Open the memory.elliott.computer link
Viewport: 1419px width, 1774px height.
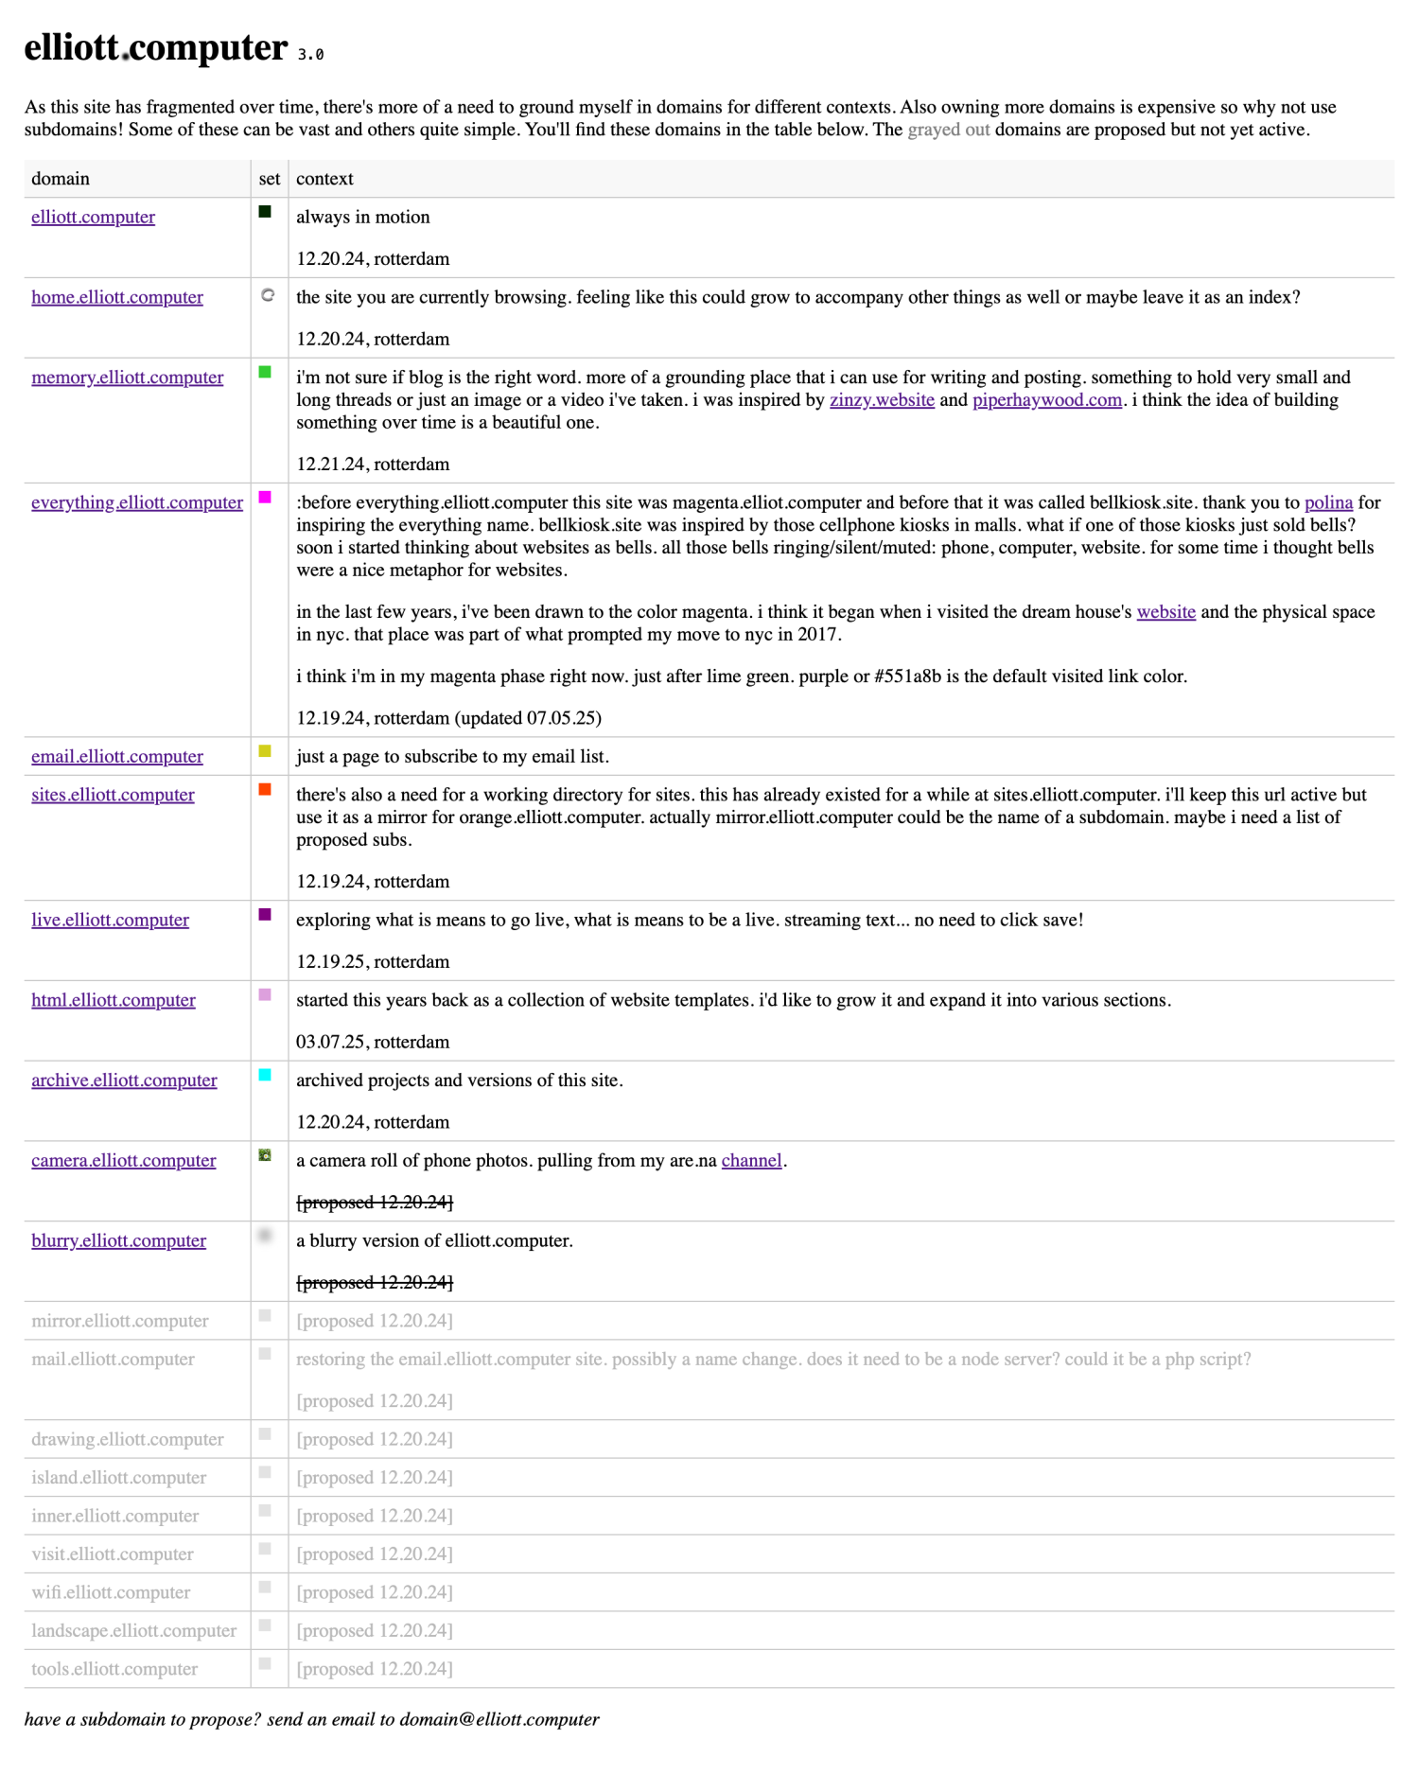128,378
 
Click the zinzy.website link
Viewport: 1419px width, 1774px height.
882,400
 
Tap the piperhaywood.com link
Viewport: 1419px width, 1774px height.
1047,400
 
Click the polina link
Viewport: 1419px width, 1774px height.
1328,502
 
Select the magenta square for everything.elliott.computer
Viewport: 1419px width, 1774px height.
265,498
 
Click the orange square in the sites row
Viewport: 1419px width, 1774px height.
265,790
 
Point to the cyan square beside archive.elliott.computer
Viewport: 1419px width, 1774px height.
265,1075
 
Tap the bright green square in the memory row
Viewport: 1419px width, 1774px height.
265,373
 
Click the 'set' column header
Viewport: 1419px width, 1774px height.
270,179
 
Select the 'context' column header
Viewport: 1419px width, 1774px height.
324,179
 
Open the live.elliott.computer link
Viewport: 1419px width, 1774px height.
110,920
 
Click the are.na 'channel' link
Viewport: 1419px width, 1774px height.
751,1161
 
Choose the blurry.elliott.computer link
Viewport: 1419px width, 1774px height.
118,1240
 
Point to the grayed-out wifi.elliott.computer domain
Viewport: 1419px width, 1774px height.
111,1592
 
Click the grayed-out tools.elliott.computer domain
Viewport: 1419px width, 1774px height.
114,1669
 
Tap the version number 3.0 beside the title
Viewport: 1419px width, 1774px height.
311,55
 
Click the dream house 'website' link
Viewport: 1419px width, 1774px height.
1165,612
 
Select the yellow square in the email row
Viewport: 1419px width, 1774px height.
265,751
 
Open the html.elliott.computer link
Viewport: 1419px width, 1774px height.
114,1000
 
